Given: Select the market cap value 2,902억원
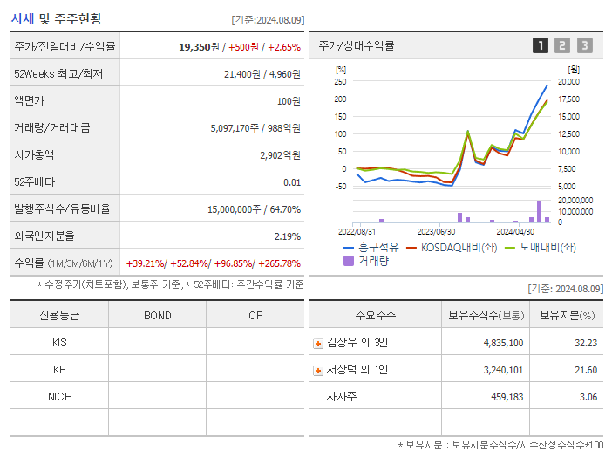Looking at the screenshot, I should (x=280, y=154).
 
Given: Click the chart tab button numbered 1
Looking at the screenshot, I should (x=541, y=45).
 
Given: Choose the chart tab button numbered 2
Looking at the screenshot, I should (x=562, y=45).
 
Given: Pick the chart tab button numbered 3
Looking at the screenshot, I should (x=584, y=45).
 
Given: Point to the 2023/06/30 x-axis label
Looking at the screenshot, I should (x=436, y=232).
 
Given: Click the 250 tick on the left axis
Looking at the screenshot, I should (x=340, y=81).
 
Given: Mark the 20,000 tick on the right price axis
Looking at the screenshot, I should (x=568, y=81).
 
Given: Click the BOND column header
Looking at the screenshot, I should (x=158, y=315).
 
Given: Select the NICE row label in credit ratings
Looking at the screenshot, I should (x=59, y=396).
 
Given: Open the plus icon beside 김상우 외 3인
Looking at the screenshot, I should (x=318, y=343).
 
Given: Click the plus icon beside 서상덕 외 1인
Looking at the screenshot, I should (x=318, y=370).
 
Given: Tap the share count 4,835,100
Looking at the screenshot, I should (x=503, y=343).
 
